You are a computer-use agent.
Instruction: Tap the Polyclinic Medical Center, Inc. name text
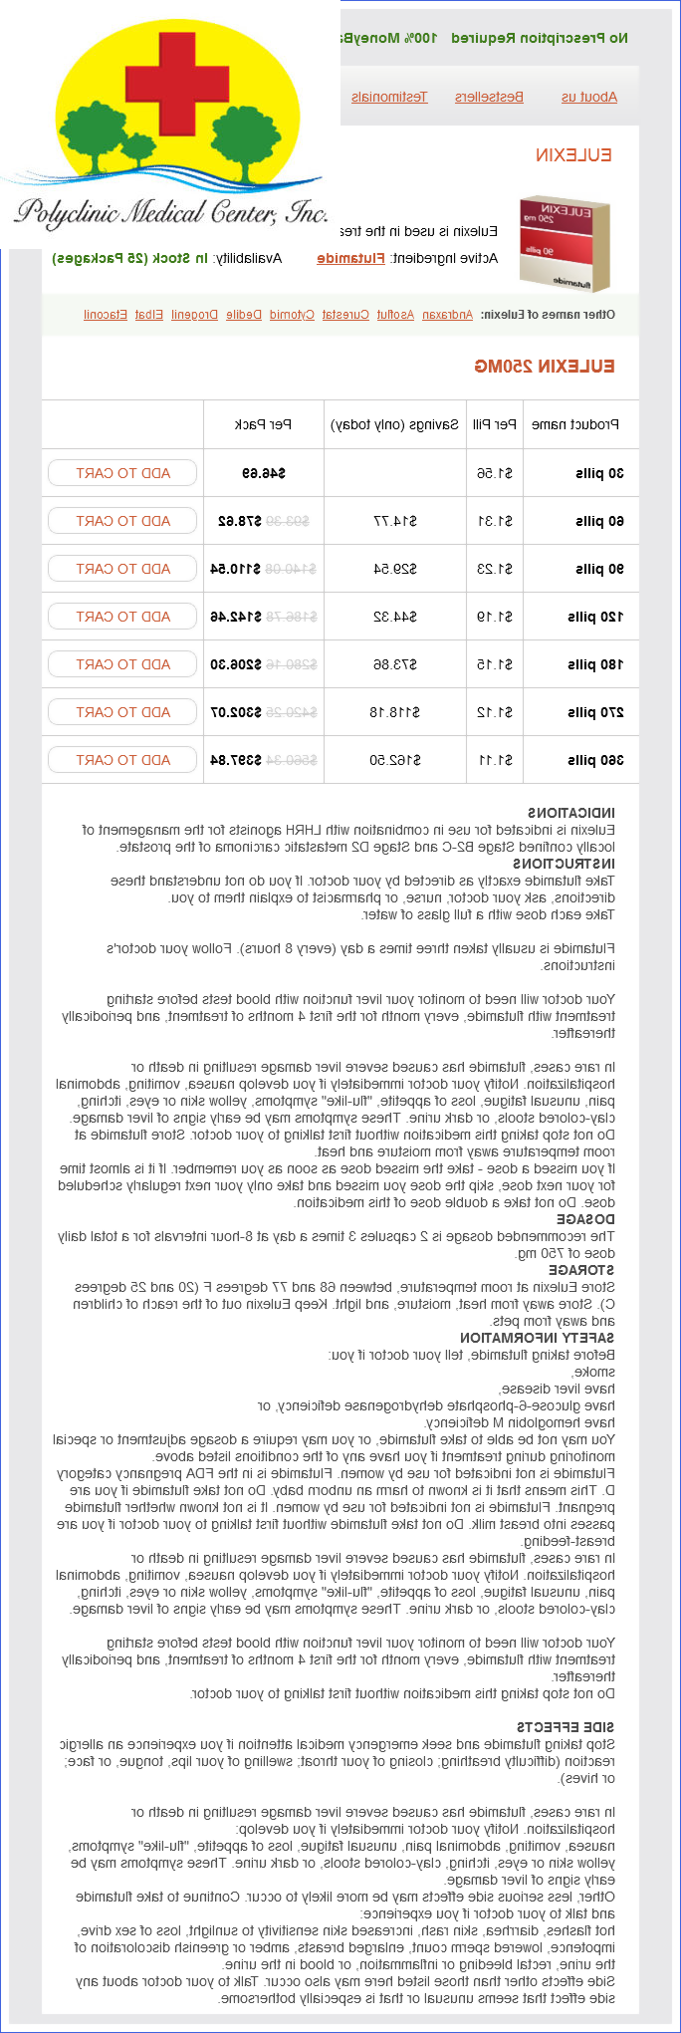click(x=171, y=212)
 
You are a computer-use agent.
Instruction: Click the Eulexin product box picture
click(x=565, y=241)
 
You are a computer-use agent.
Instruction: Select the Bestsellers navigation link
click(x=489, y=97)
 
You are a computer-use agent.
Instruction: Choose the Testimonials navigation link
click(x=389, y=97)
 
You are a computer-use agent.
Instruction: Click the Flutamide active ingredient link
click(x=350, y=258)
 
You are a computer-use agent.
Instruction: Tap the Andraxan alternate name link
click(x=447, y=315)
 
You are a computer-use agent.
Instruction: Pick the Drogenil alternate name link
click(x=194, y=315)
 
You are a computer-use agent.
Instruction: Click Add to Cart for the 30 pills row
click(x=122, y=473)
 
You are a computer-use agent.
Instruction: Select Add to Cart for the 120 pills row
click(x=122, y=617)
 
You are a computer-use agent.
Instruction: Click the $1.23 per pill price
click(x=495, y=569)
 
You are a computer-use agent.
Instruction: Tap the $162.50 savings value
click(x=395, y=760)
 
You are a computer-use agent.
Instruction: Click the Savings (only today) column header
click(x=394, y=424)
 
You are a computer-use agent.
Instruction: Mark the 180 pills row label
click(x=596, y=664)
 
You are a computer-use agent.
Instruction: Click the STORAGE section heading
click(x=581, y=1270)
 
